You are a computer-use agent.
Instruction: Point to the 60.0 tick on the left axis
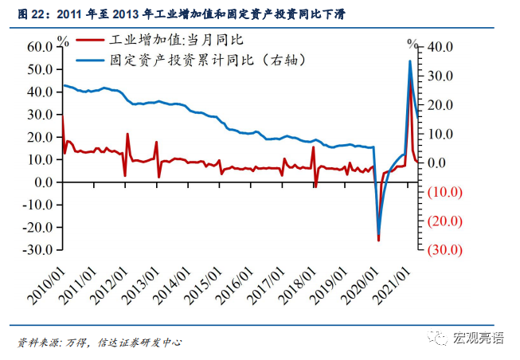39,47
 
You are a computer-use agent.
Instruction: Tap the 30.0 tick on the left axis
39,115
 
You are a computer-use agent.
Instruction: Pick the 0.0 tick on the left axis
42,182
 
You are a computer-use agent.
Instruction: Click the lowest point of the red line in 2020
378,240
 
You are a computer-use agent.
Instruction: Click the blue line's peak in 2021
410,61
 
